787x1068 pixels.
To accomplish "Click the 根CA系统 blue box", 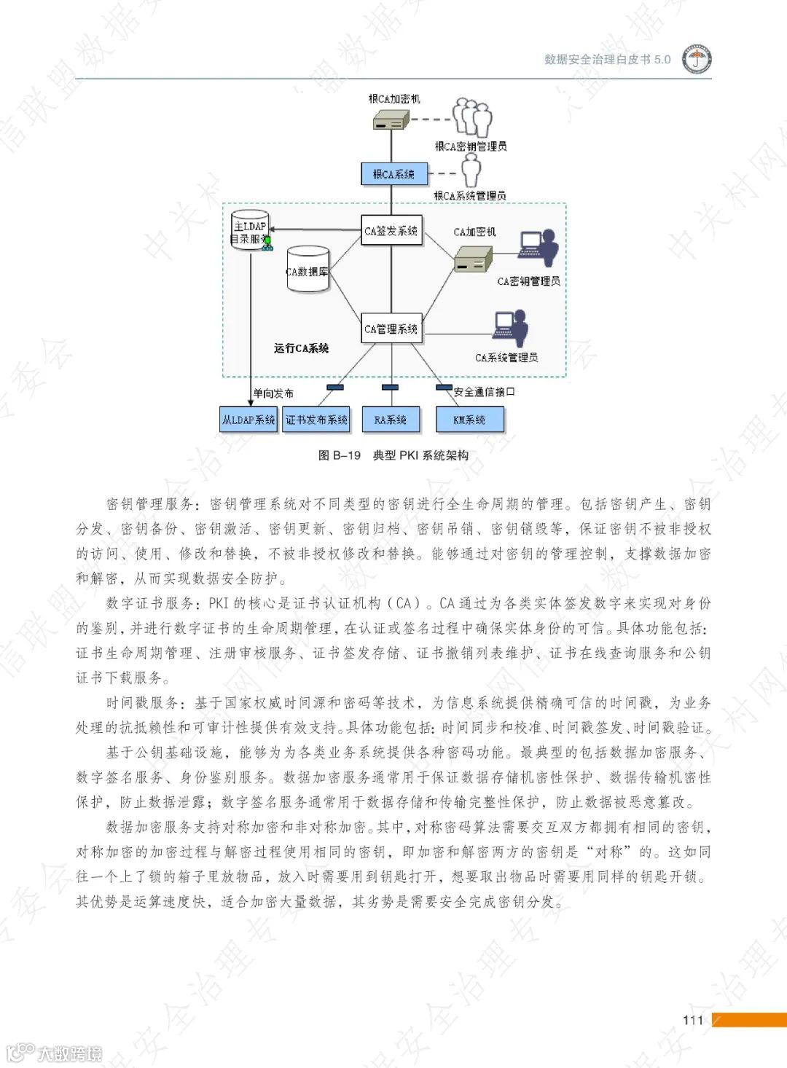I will (393, 174).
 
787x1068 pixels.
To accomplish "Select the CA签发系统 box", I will (391, 230).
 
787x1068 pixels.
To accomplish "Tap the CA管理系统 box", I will (391, 329).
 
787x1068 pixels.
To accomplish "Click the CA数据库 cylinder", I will (308, 270).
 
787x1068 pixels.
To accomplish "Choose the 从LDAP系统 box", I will (248, 420).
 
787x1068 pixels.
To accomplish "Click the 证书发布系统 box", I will (316, 420).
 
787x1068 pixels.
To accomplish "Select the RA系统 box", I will (391, 420).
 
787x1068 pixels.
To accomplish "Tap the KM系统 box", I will (469, 420).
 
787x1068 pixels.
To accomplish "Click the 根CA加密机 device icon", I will (389, 121).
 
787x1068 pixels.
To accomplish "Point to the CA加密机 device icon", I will (474, 258).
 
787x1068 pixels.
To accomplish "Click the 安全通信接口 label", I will (484, 392).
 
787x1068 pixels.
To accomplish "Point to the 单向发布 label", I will (273, 393).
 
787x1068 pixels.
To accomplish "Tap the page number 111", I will (693, 1020).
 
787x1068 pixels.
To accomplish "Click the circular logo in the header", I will (697, 60).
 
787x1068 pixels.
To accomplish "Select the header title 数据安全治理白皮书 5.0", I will (607, 60).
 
